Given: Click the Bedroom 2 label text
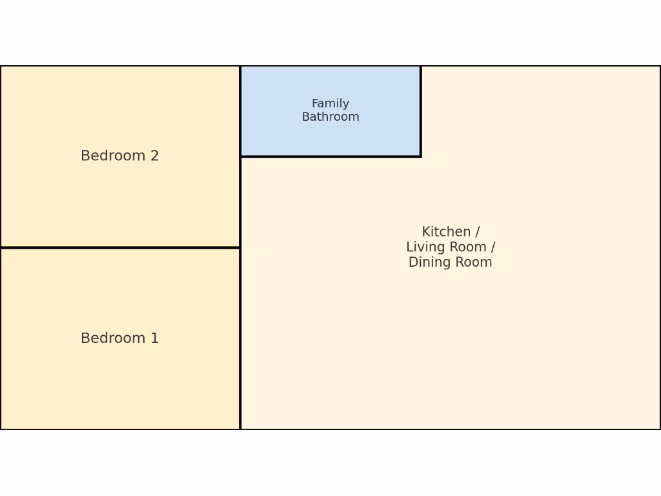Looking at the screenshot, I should [x=119, y=156].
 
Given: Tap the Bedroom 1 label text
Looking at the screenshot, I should [x=119, y=338].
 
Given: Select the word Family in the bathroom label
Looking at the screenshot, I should [x=330, y=103].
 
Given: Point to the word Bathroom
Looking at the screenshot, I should [x=330, y=117].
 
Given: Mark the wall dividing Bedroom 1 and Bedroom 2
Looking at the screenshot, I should [x=119, y=247].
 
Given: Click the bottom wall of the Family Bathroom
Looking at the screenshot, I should [x=330, y=156].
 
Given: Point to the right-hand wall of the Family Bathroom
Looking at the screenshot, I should [x=421, y=111].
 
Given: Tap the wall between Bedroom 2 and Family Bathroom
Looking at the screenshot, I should [x=240, y=111].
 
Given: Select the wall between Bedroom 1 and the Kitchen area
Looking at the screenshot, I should [x=240, y=338].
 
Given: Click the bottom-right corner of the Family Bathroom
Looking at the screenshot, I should [x=421, y=156].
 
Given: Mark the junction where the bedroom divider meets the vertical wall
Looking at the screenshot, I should [x=240, y=247].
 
